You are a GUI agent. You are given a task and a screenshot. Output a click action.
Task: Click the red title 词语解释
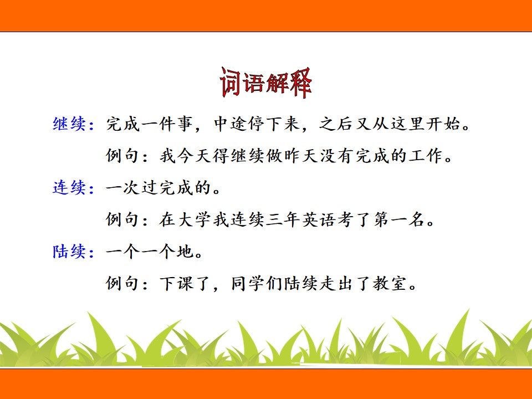[x=265, y=83]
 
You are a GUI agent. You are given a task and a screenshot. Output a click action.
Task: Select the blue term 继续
[x=69, y=124]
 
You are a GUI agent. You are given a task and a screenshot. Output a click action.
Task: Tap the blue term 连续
[x=69, y=187]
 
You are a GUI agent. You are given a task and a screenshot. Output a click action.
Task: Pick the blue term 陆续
[x=69, y=252]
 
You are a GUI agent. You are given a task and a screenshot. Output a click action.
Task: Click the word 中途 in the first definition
[x=231, y=124]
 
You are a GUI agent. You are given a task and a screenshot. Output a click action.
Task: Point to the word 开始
[x=444, y=124]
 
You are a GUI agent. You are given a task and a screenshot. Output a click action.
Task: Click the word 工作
[x=426, y=156]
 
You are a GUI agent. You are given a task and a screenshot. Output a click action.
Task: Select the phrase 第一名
[x=400, y=219]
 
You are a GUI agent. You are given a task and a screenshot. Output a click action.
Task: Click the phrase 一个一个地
[x=150, y=252]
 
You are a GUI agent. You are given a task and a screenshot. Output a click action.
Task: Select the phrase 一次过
[x=132, y=187]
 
